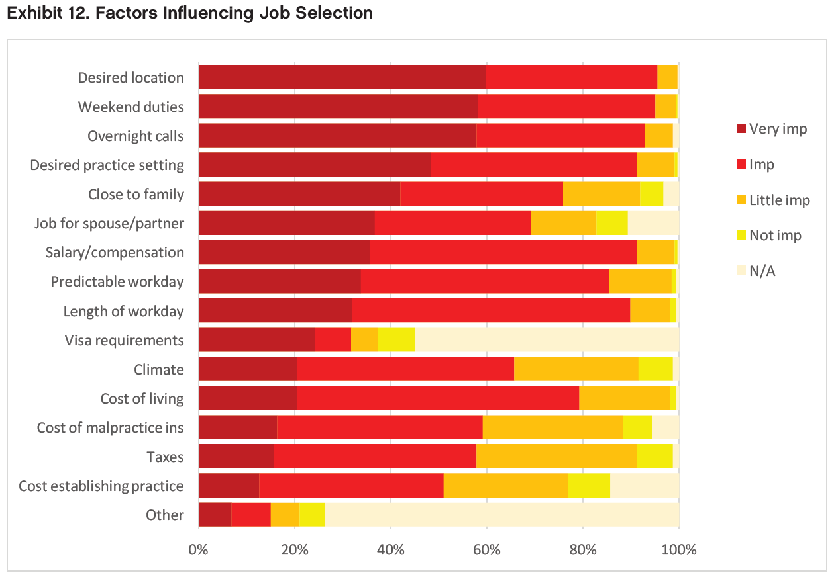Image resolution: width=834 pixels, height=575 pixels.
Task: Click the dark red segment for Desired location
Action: pyautogui.click(x=342, y=77)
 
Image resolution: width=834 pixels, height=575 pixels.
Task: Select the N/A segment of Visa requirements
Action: pyautogui.click(x=547, y=340)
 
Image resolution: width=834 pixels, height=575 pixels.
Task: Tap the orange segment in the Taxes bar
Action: pyautogui.click(x=556, y=457)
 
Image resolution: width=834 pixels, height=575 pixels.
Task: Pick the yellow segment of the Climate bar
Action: pyautogui.click(x=655, y=369)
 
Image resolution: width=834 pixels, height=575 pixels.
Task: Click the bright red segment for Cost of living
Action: pyautogui.click(x=438, y=398)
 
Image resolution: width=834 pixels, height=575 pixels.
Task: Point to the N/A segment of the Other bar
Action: pyautogui.click(x=501, y=515)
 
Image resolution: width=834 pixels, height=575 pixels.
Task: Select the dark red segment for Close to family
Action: pyautogui.click(x=299, y=194)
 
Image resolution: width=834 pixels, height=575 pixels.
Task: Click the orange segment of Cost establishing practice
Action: pyautogui.click(x=505, y=486)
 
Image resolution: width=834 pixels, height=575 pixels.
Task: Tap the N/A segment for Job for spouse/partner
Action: pyautogui.click(x=653, y=223)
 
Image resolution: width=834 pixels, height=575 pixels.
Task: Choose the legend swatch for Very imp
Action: pyautogui.click(x=740, y=128)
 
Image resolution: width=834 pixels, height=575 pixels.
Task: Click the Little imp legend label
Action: pyautogui.click(x=779, y=200)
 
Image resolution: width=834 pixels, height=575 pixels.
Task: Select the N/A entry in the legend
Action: pyautogui.click(x=762, y=271)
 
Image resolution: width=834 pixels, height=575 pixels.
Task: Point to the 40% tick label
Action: pyautogui.click(x=390, y=549)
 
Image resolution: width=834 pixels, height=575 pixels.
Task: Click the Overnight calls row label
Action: pyautogui.click(x=136, y=136)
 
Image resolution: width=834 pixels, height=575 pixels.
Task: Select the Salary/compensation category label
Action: pyautogui.click(x=115, y=253)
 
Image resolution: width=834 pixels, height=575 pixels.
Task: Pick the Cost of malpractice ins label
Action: pyautogui.click(x=110, y=427)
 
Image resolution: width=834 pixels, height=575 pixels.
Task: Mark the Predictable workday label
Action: pyautogui.click(x=117, y=282)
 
